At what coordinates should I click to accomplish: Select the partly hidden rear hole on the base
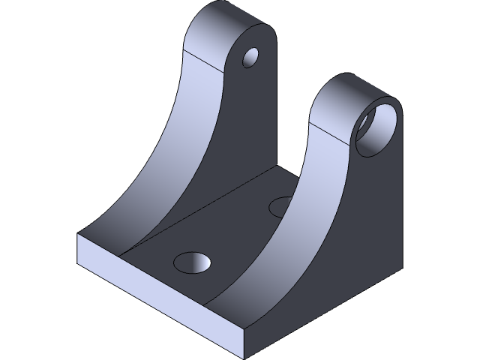point(282,204)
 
